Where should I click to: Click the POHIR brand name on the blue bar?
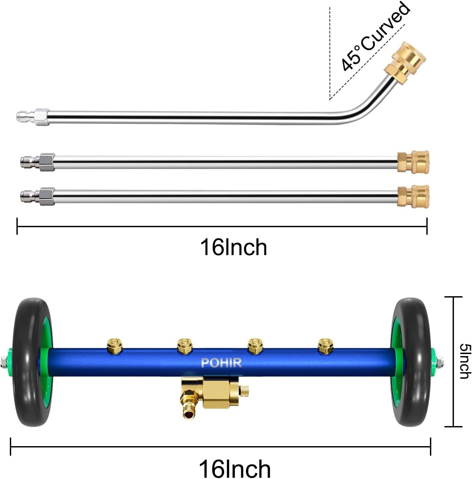point(221,363)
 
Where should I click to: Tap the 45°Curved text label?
point(375,37)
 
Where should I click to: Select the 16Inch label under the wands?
point(233,247)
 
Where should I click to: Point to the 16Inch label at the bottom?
point(235,469)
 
